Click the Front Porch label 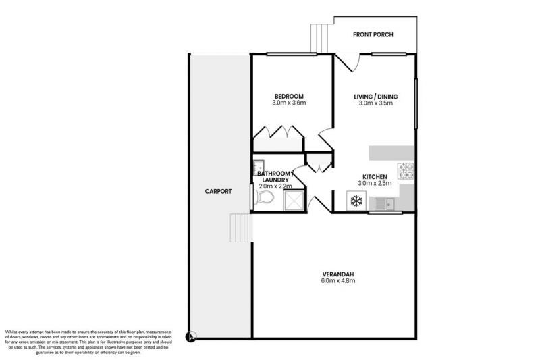(x=373, y=35)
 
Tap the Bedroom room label (x=289, y=95)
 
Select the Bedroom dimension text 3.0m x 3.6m (x=289, y=103)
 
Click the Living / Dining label (x=375, y=97)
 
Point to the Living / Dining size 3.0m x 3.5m (x=375, y=104)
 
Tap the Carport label (x=218, y=191)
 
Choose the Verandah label (x=335, y=274)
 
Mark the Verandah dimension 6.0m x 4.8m (x=335, y=281)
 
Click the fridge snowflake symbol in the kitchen (x=356, y=201)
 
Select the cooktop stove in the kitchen (x=406, y=171)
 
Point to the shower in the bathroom (x=294, y=201)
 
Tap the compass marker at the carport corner (x=192, y=334)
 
